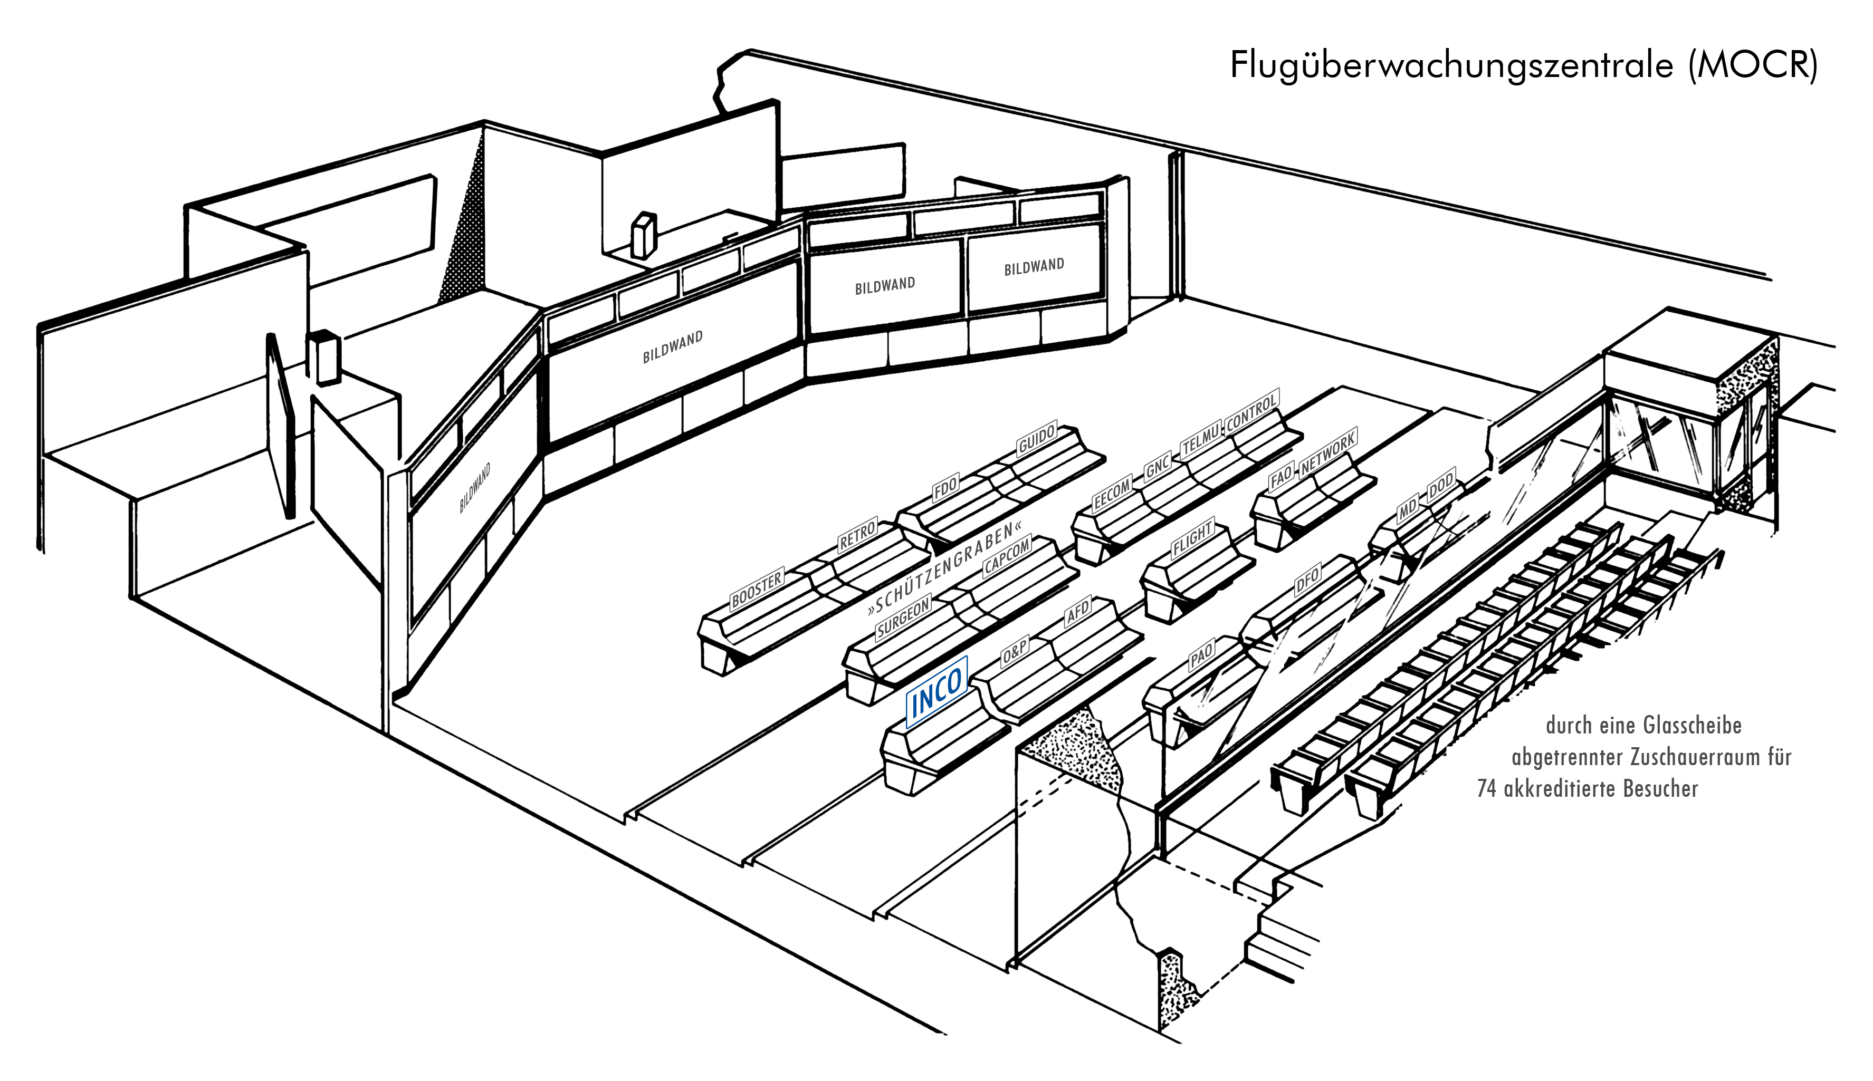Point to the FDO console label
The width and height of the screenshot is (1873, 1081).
(x=945, y=489)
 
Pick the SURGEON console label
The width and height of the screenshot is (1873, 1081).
(x=903, y=617)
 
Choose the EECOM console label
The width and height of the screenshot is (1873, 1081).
(x=1112, y=494)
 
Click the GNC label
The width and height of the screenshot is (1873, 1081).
(x=1158, y=466)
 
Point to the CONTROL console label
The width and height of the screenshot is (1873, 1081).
(x=1251, y=411)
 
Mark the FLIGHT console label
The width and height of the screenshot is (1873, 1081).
(x=1192, y=539)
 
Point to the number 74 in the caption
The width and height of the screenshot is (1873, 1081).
(x=1486, y=788)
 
